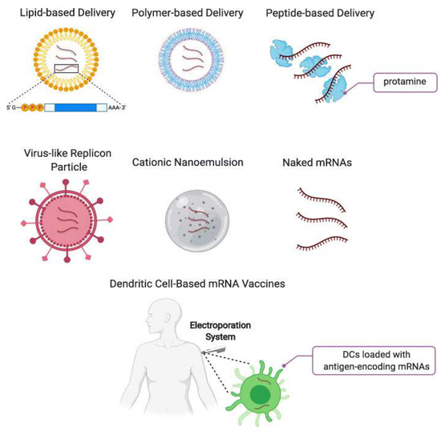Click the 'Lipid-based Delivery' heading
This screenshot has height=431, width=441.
coord(59,14)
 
